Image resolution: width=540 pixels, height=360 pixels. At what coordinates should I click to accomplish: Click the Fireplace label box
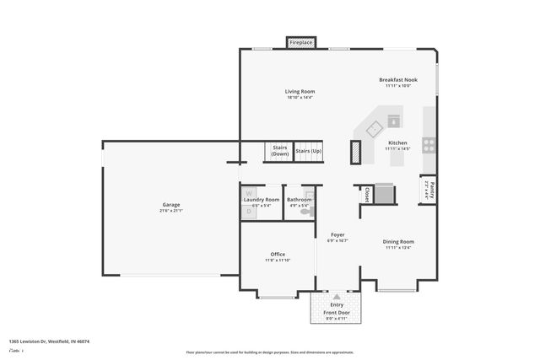coord(301,42)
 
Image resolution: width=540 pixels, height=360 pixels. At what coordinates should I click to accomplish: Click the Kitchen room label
coord(397,143)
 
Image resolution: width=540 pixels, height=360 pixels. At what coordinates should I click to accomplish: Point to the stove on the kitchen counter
coord(429,143)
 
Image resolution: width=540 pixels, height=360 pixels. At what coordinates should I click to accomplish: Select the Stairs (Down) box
coord(279,151)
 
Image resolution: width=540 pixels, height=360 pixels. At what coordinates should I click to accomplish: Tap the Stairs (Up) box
coord(308,151)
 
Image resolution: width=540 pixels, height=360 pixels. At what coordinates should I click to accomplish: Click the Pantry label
coord(430,189)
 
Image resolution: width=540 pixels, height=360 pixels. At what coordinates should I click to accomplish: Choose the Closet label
coord(366,195)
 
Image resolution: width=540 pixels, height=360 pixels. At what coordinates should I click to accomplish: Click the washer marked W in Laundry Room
coord(249,193)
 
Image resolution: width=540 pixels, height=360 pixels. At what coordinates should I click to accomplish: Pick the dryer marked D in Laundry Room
coord(248,212)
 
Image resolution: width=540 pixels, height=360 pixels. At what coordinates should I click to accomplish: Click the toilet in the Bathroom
coord(310,204)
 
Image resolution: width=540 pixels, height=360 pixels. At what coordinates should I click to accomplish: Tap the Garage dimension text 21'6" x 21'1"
coord(171,210)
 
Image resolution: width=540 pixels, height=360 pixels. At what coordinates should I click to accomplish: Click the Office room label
coord(278,254)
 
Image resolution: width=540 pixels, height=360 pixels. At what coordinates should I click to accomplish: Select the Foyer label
coord(337,235)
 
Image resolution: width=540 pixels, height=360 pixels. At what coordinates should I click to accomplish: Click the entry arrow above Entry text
coord(337,297)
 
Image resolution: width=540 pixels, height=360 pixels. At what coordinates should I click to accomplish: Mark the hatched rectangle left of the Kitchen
coord(354,152)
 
